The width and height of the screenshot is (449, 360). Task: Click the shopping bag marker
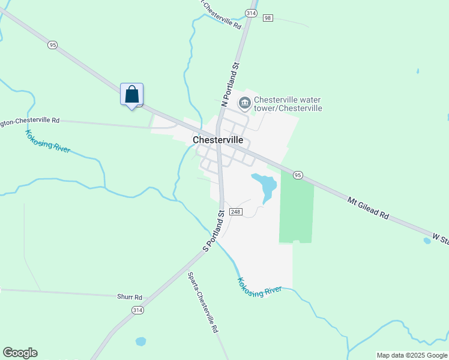tap(131, 95)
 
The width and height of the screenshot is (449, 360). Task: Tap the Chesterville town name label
tap(218, 140)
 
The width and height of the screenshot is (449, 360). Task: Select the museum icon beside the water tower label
tap(244, 104)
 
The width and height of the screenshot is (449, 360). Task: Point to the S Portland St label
tap(213, 230)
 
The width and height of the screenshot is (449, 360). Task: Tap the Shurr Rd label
tap(130, 297)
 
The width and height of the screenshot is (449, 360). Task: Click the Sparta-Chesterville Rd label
tap(202, 303)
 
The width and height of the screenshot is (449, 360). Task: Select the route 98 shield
tap(268, 18)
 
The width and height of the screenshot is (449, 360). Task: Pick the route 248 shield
tap(235, 212)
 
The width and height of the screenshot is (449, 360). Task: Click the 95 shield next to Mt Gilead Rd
tap(297, 175)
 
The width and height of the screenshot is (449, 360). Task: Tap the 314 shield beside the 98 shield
tap(251, 13)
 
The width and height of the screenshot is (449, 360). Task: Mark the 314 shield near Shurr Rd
tap(137, 310)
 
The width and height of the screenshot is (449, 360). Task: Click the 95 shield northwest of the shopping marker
tap(53, 44)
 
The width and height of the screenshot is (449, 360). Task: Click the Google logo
tap(20, 353)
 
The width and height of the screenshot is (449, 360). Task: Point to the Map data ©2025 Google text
tap(412, 355)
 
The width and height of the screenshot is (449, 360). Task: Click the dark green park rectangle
tap(297, 210)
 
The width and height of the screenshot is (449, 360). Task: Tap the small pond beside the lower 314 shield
tap(140, 341)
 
